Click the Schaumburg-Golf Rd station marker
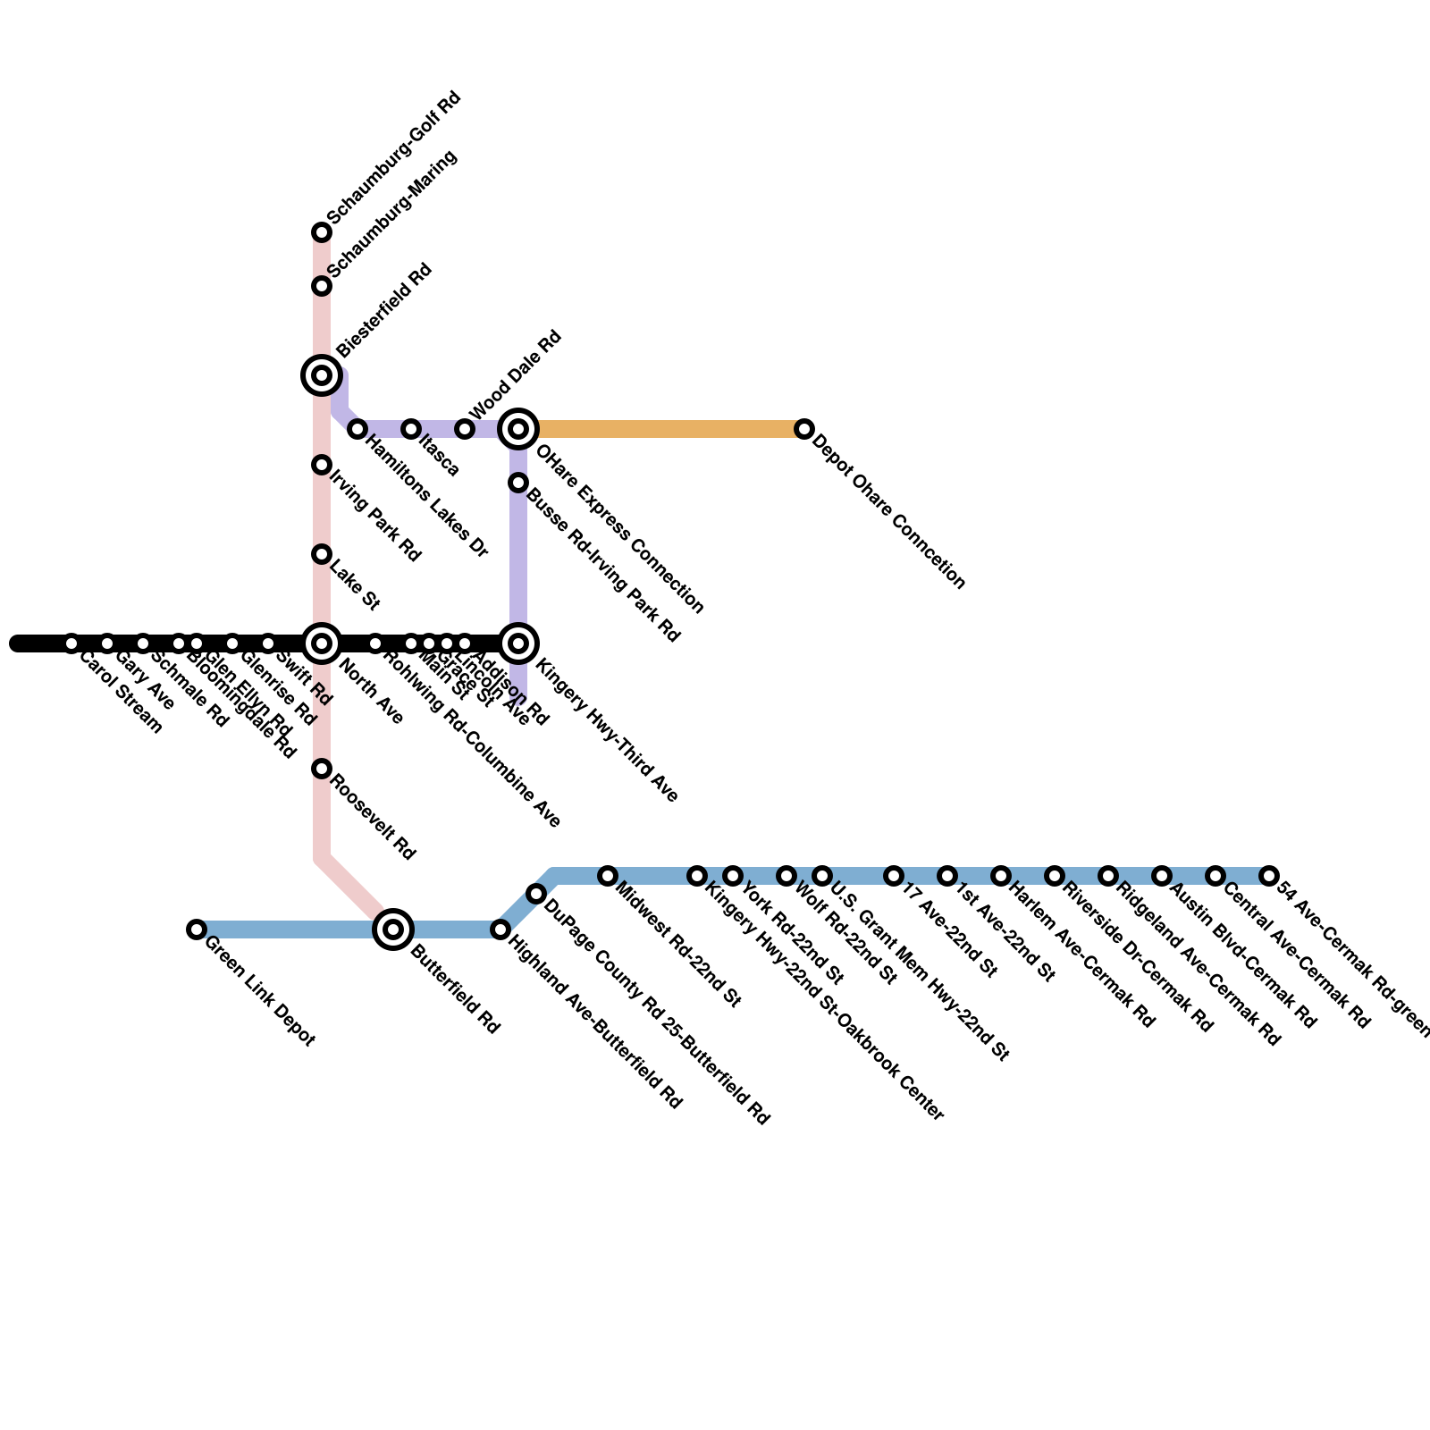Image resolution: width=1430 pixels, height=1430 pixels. pos(322,232)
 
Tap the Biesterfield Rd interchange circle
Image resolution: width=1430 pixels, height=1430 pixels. pos(322,375)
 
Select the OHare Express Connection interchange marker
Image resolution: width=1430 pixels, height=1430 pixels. pos(518,429)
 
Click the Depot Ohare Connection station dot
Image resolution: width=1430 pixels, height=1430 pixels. pos(804,429)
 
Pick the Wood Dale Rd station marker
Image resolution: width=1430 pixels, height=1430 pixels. pos(465,429)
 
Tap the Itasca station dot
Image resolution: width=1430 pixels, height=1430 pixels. pos(411,429)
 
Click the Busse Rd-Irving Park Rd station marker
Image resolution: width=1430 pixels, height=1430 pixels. pos(518,483)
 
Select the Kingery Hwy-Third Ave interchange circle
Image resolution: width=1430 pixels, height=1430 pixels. pos(518,643)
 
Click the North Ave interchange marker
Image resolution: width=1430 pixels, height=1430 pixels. pos(322,643)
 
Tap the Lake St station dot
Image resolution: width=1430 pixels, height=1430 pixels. pos(322,554)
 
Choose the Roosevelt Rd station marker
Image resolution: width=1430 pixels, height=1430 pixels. pos(322,769)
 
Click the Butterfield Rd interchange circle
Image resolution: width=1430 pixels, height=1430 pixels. pos(393,929)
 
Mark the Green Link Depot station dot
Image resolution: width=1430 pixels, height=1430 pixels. pos(197,929)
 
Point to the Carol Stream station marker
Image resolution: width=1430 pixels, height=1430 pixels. pos(71,643)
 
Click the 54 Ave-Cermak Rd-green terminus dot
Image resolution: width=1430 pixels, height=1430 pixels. pos(1269,876)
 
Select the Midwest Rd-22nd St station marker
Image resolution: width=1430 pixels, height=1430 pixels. pos(608,876)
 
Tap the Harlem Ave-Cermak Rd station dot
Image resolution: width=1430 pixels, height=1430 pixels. pos(1001,876)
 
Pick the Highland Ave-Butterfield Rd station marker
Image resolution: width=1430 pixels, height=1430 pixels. pos(500,929)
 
